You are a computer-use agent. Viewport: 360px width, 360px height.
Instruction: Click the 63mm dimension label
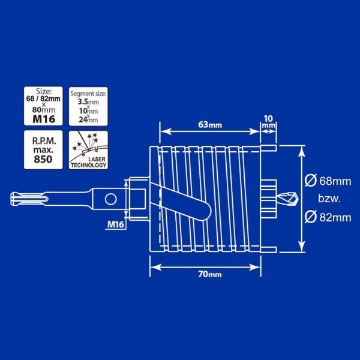[x=210, y=125]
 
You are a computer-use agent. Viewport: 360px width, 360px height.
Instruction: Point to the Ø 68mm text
[x=328, y=179]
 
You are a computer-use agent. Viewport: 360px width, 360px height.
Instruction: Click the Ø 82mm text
[x=328, y=217]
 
